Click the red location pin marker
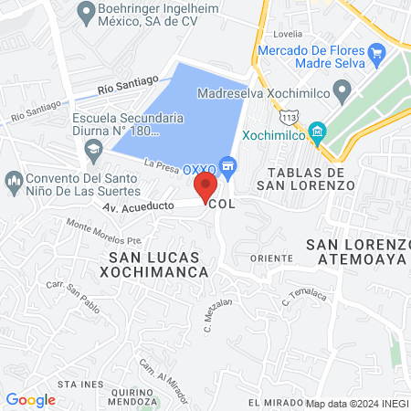click(x=205, y=187)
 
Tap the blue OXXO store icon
click(x=228, y=165)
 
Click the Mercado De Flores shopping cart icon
click(x=376, y=54)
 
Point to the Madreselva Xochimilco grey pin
click(x=342, y=90)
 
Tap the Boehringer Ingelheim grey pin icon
click(x=87, y=13)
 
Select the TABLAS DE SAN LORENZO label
click(x=305, y=178)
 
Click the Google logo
click(x=30, y=399)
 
